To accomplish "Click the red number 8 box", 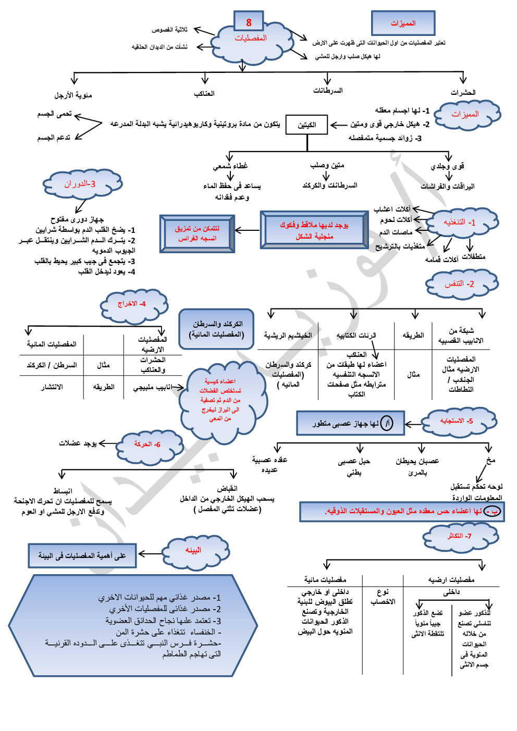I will tap(249, 22).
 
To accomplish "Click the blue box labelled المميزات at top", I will tap(403, 23).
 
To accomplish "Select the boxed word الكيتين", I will tap(307, 125).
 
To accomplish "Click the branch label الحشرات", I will tap(463, 93).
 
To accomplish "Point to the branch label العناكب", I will tap(204, 94).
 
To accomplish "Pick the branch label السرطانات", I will tap(328, 91).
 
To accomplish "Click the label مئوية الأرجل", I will tap(73, 95).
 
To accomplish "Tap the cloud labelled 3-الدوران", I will tap(81, 184).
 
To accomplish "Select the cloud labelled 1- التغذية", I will tap(461, 222).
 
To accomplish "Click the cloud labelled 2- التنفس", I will tap(461, 284).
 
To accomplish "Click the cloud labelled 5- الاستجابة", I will tap(458, 421).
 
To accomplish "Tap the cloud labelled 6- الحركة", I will tap(149, 444).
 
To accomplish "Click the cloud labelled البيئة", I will tap(194, 551).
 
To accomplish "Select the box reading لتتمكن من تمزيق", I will tap(197, 233).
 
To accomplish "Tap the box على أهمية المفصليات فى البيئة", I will tap(82, 556).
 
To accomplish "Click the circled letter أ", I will tap(386, 424).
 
